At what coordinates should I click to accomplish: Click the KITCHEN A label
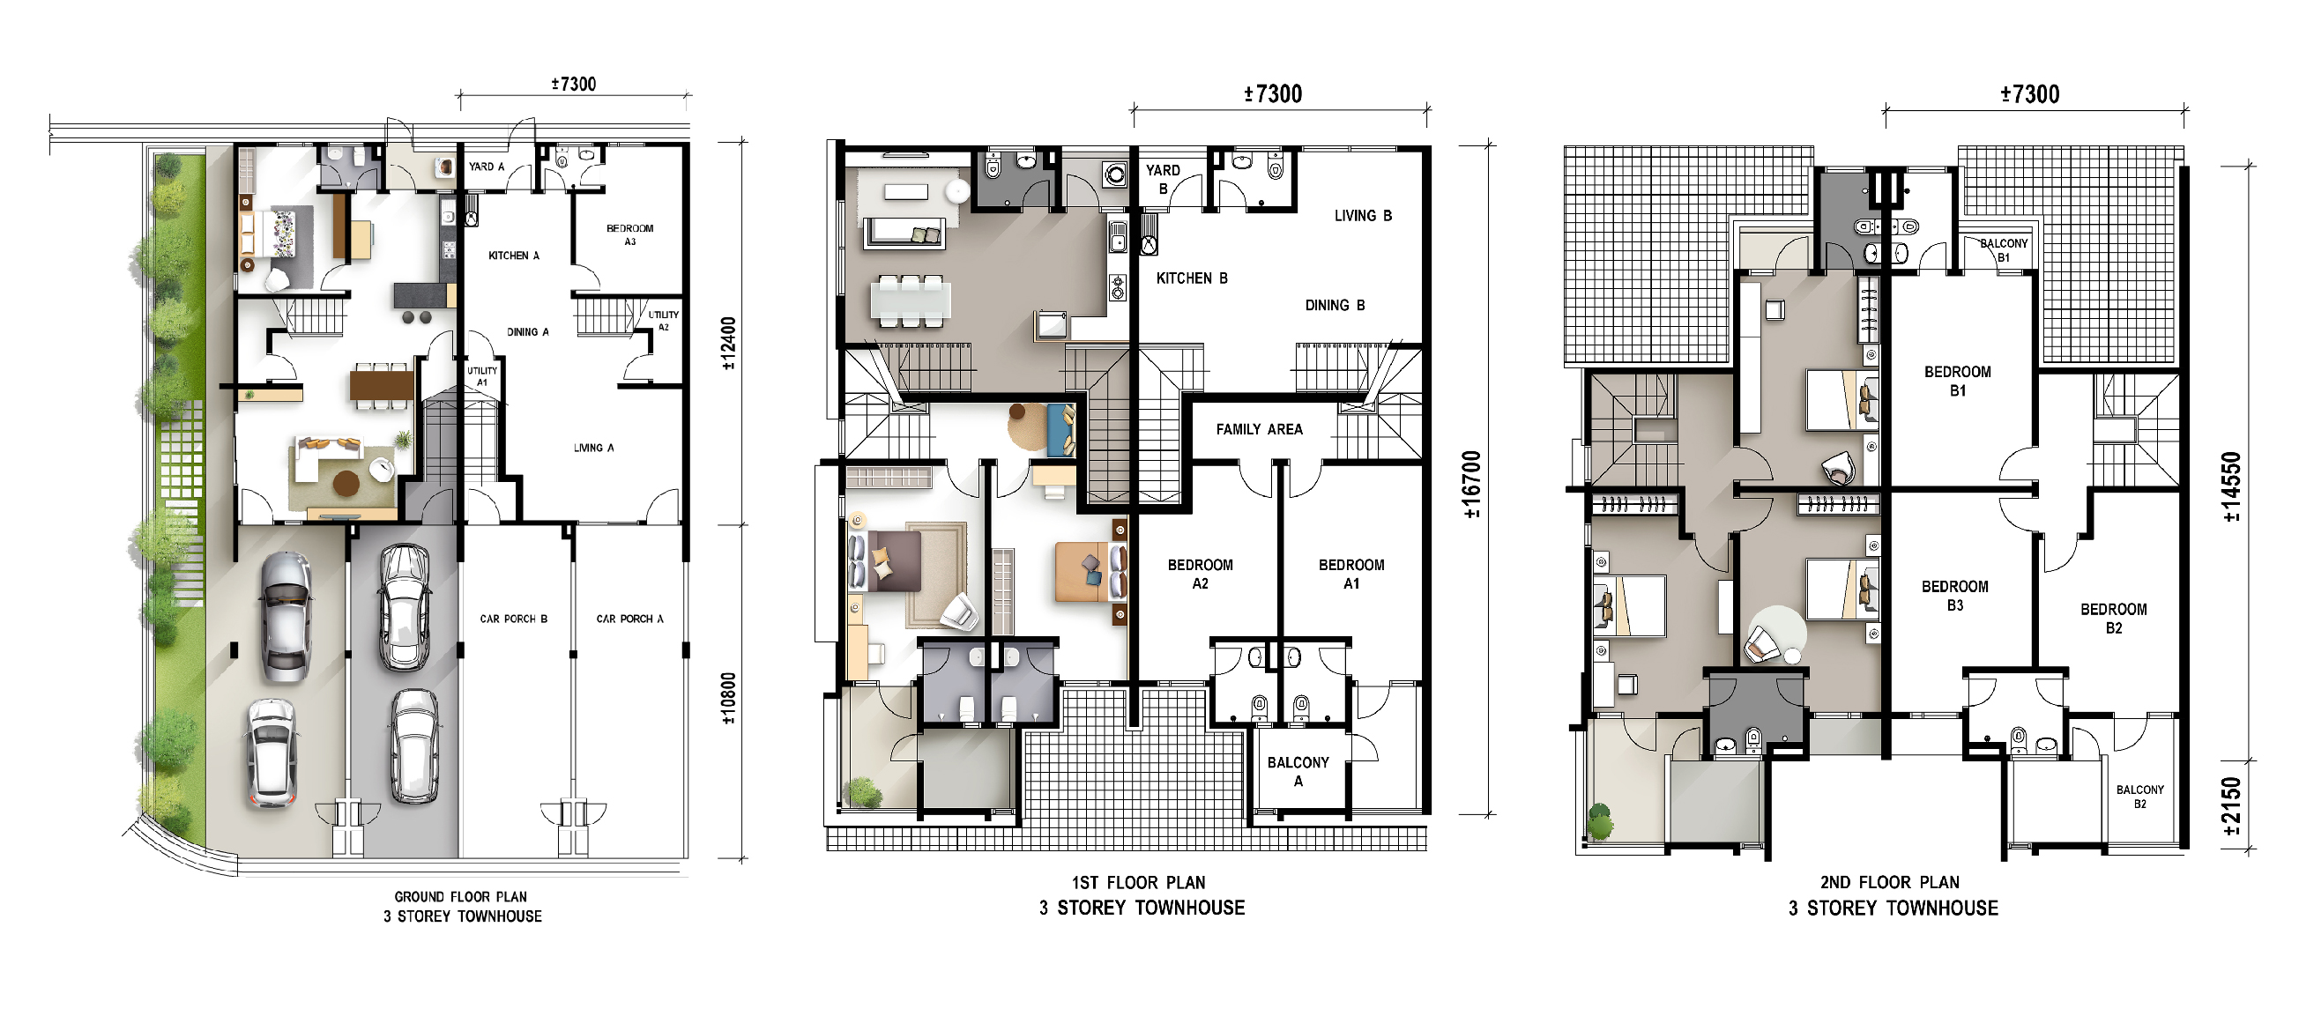tap(513, 256)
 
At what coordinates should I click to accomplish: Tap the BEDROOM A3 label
tap(630, 234)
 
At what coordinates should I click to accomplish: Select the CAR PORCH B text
tap(513, 619)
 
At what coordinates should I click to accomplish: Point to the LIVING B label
tap(1363, 216)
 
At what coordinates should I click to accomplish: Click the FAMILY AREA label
tap(1260, 430)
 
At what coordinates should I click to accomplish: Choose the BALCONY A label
tap(1298, 772)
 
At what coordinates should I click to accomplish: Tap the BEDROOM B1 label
tap(1957, 381)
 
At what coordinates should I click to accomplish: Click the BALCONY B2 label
tap(2139, 797)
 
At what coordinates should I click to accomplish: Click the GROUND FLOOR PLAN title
tap(460, 896)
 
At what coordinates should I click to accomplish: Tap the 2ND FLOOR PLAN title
tap(1889, 882)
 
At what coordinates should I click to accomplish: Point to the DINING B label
tap(1335, 305)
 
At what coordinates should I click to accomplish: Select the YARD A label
tap(487, 167)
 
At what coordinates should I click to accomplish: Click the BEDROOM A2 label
tap(1200, 575)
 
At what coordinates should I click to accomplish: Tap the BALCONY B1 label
tap(2004, 250)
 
